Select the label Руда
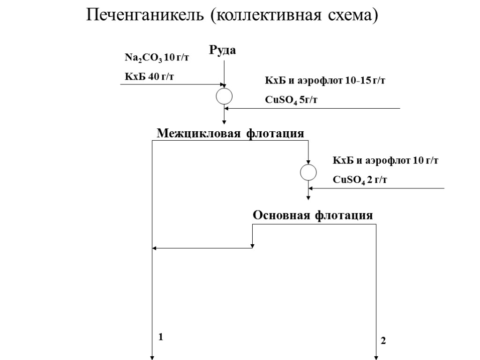(222, 50)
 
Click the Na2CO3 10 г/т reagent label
(152, 58)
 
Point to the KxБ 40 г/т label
(149, 76)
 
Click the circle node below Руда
(224, 96)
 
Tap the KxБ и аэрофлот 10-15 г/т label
(325, 81)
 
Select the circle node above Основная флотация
(308, 172)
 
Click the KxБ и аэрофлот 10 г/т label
(385, 161)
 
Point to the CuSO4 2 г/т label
(360, 179)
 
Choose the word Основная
(281, 215)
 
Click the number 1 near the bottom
(160, 337)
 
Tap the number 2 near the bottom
(383, 341)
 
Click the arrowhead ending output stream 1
(152, 358)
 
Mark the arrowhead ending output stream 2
(376, 358)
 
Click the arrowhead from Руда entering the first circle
(224, 86)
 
